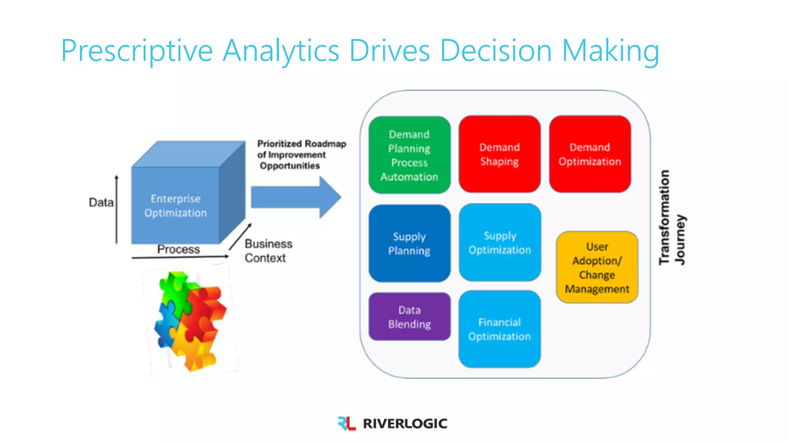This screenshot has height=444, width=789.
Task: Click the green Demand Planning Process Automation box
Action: [x=409, y=155]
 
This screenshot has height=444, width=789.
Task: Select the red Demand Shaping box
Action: [x=499, y=154]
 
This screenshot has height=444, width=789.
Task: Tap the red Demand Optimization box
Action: [x=590, y=154]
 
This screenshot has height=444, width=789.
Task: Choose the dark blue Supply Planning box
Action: [x=409, y=243]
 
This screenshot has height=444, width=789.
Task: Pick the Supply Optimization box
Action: [x=500, y=242]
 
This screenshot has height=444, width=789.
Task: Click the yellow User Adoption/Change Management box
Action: [x=597, y=267]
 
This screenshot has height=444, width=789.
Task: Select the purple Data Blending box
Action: [x=409, y=317]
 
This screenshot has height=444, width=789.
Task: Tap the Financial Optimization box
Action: [x=499, y=329]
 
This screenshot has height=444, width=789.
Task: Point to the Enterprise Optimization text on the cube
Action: [x=176, y=206]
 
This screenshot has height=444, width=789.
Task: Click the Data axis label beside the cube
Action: [x=101, y=202]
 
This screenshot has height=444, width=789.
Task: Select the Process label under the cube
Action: [x=178, y=249]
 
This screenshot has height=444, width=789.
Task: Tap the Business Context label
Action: [x=268, y=251]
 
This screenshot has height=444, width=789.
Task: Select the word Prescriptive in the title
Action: [x=137, y=50]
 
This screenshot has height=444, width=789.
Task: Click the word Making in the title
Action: [x=610, y=50]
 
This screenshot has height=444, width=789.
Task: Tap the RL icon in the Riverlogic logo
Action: [x=346, y=423]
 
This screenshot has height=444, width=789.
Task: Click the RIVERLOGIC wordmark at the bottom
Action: [x=405, y=424]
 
